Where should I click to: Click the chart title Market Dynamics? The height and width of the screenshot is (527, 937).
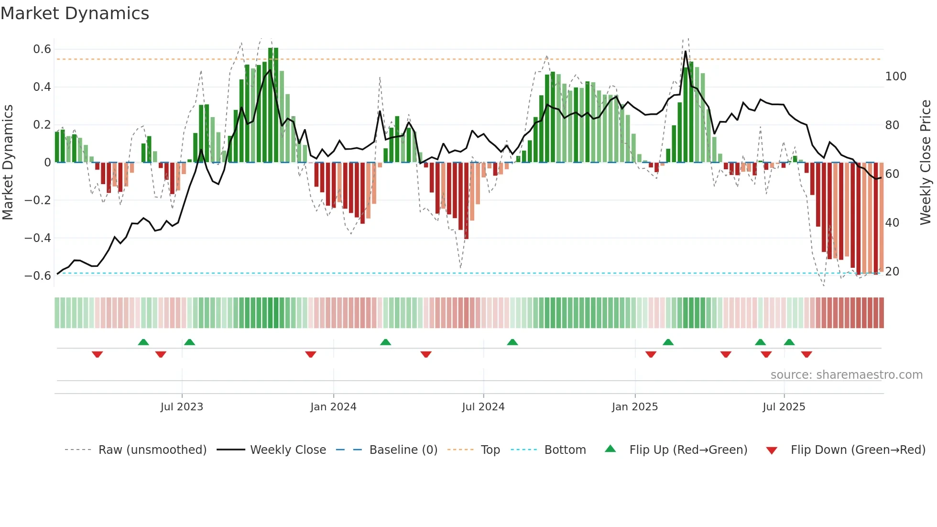pyautogui.click(x=75, y=13)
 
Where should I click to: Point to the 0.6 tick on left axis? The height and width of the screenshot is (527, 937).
pyautogui.click(x=42, y=49)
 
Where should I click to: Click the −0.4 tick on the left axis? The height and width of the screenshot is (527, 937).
pyautogui.click(x=38, y=238)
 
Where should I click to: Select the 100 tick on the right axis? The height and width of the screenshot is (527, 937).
pyautogui.click(x=896, y=77)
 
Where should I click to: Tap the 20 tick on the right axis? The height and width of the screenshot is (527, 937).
pyautogui.click(x=892, y=272)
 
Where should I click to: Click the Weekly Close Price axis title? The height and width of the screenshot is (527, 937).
pyautogui.click(x=926, y=163)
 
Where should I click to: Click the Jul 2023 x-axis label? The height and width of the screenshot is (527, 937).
pyautogui.click(x=182, y=407)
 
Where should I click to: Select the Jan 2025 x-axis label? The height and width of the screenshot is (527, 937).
pyautogui.click(x=635, y=407)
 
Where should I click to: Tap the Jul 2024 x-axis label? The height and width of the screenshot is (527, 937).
pyautogui.click(x=483, y=407)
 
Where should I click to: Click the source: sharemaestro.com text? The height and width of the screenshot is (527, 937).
pyautogui.click(x=846, y=375)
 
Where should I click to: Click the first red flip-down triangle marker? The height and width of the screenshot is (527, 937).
pyautogui.click(x=98, y=354)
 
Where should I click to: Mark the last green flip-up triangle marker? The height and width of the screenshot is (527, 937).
pyautogui.click(x=789, y=342)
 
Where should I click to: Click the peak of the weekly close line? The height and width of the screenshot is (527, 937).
pyautogui.click(x=686, y=52)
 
